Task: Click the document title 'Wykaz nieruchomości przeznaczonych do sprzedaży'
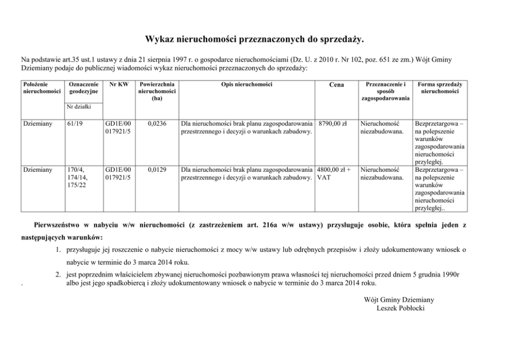click(x=254, y=39)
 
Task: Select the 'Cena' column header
click(x=336, y=85)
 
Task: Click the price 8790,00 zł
click(x=333, y=124)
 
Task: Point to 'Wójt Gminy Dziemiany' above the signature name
click(x=399, y=299)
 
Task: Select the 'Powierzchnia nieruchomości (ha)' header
click(x=156, y=91)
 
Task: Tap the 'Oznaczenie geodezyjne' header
click(x=83, y=88)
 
